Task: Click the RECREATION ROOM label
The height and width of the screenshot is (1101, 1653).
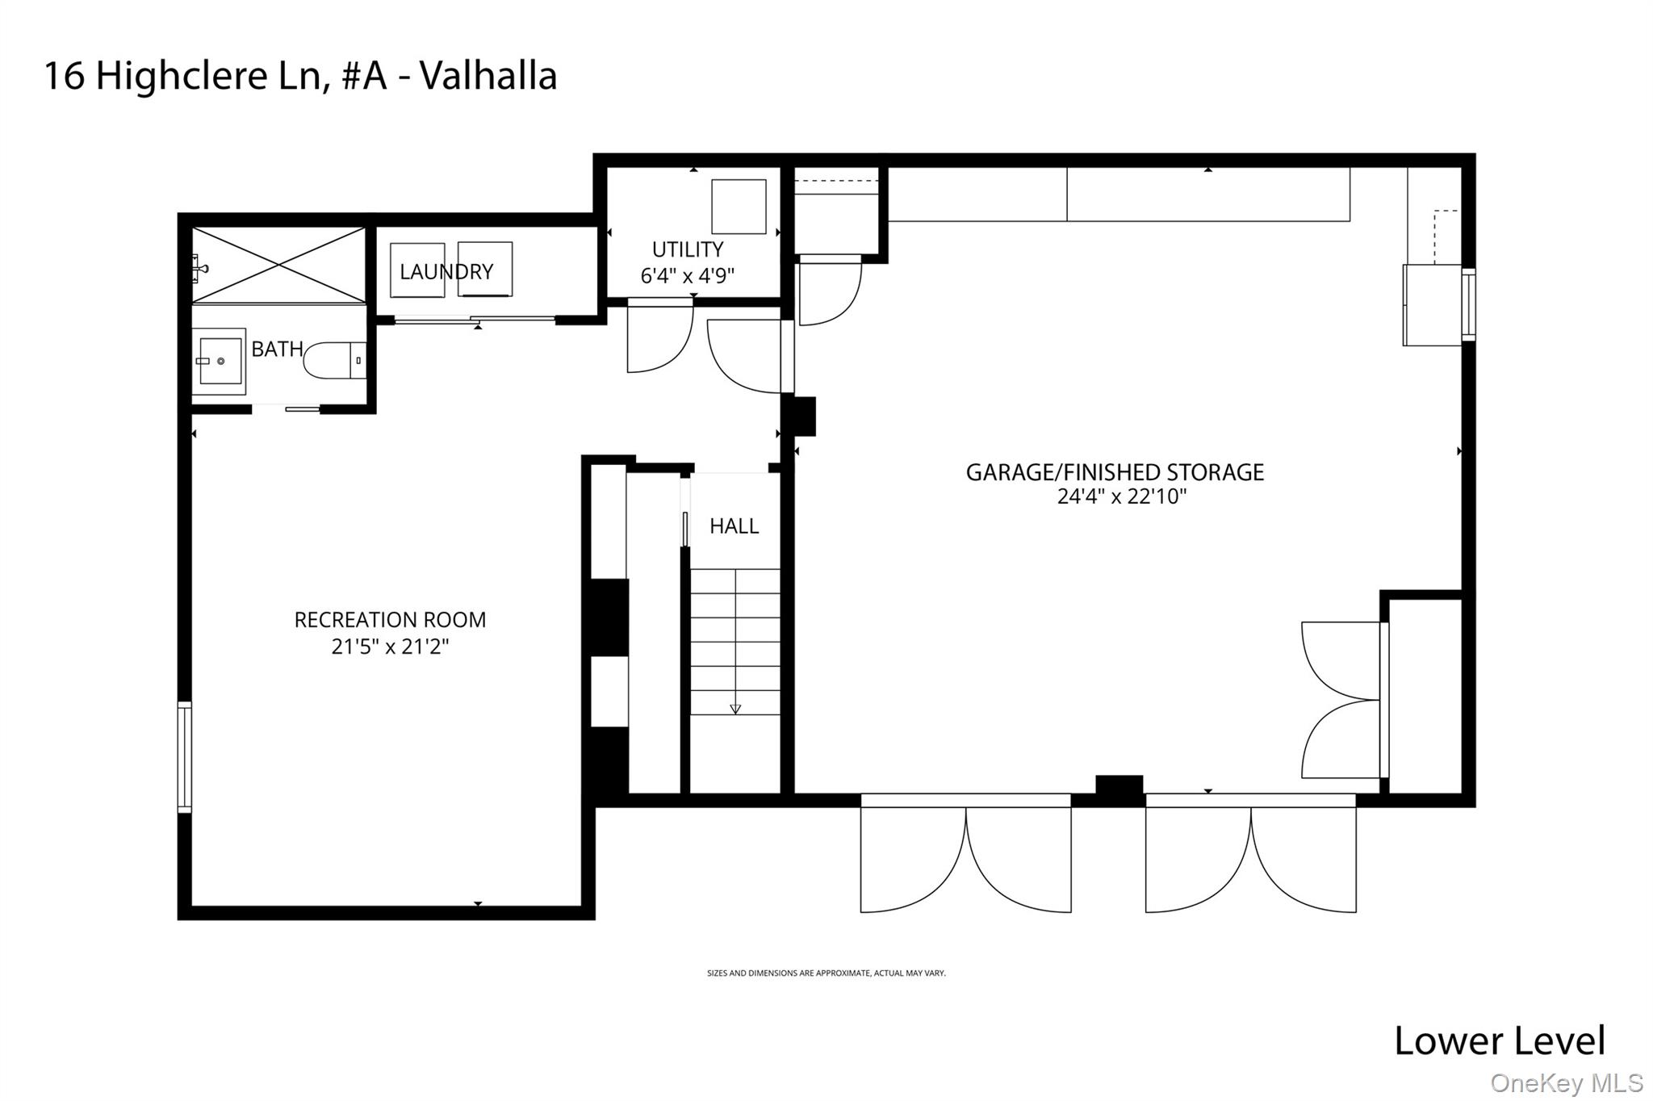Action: tap(390, 620)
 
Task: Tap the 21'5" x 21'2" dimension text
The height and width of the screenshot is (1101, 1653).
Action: tap(390, 647)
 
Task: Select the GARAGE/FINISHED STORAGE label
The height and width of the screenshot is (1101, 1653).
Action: tap(1115, 472)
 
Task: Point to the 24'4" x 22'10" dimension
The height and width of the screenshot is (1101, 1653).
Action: tap(1121, 496)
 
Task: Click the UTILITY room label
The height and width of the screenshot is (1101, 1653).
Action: tap(688, 249)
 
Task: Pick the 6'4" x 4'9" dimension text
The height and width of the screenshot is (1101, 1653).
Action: tap(688, 276)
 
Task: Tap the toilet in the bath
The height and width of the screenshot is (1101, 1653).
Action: tap(334, 361)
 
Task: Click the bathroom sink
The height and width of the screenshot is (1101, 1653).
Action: tap(219, 361)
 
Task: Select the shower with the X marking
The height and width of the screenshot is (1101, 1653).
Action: tap(278, 265)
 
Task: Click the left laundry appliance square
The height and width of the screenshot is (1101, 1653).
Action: tap(416, 270)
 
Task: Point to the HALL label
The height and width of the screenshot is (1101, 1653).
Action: tap(734, 526)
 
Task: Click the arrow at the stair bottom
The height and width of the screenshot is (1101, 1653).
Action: tap(734, 709)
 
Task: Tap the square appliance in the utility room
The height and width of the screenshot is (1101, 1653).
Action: tap(738, 207)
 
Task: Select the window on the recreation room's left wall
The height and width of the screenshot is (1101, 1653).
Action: tap(185, 756)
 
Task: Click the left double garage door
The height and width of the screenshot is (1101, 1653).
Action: tap(965, 856)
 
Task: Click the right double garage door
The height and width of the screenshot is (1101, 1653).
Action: tap(1250, 856)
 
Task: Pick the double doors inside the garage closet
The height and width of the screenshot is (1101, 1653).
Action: tap(1341, 700)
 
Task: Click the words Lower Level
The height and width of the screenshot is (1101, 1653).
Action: tap(1499, 1040)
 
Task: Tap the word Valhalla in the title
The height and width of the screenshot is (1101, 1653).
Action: tap(488, 77)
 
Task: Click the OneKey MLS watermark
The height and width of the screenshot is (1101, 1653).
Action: tap(1566, 1082)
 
